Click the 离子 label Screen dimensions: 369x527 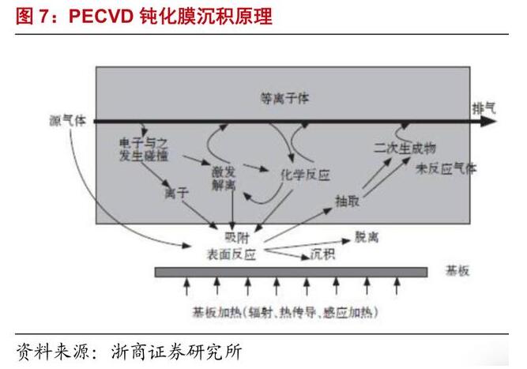coord(176,192)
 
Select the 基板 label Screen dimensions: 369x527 coord(457,271)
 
